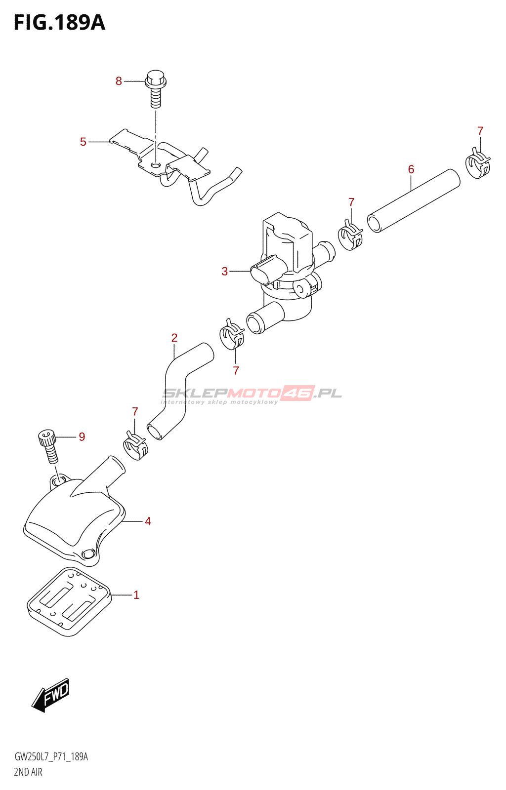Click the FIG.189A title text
tap(59, 23)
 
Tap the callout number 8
tap(119, 81)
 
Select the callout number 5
tap(83, 142)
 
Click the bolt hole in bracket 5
tap(156, 165)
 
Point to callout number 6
tap(411, 169)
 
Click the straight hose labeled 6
tap(413, 201)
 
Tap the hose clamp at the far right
tap(478, 165)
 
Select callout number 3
tap(225, 271)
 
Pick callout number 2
tap(174, 338)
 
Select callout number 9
tap(82, 437)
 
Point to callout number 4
tap(148, 521)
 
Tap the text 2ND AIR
tap(28, 772)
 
